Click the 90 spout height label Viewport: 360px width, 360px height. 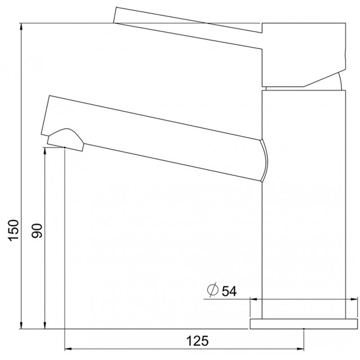[37, 230]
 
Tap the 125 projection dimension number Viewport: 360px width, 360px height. [198, 341]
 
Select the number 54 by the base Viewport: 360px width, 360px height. [229, 291]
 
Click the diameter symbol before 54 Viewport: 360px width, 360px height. [212, 290]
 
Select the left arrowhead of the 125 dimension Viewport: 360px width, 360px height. [69, 349]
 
